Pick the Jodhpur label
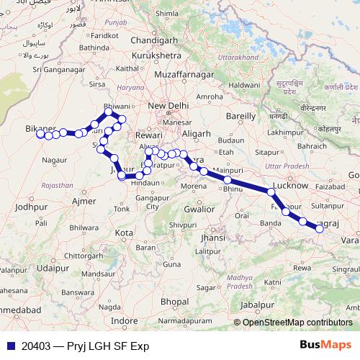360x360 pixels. [30, 207]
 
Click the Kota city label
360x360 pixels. [125, 233]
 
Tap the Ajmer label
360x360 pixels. [84, 201]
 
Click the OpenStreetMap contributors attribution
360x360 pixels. [297, 323]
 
